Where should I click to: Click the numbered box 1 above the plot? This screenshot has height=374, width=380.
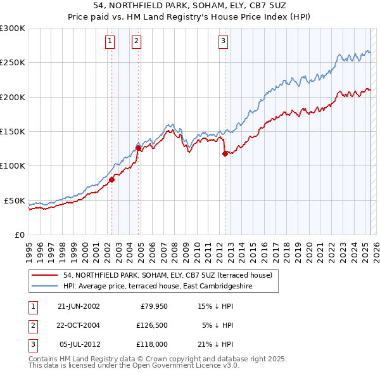pos(110,42)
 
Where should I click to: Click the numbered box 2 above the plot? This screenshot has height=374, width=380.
pos(136,42)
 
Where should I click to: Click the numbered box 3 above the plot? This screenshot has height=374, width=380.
pos(224,42)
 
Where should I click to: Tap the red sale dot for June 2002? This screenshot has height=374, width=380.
pos(111,179)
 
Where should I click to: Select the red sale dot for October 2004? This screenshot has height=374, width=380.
pos(138,148)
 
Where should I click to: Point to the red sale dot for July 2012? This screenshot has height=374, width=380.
pos(225,153)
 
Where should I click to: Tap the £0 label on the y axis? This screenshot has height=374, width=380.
pos(19,235)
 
